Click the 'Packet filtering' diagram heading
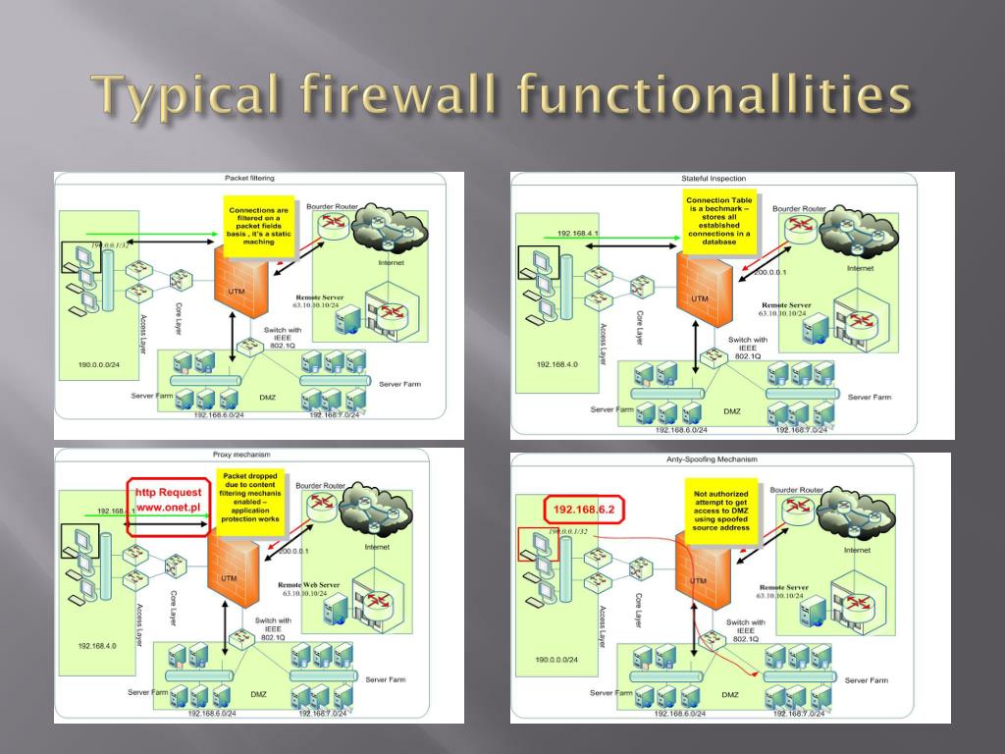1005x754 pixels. click(x=249, y=179)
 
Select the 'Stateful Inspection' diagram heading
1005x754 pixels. click(x=714, y=179)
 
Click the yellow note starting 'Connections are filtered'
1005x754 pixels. click(x=258, y=226)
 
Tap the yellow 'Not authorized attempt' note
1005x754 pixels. click(x=721, y=511)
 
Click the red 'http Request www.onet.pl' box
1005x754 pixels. click(x=168, y=500)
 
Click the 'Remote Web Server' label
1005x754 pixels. click(x=309, y=584)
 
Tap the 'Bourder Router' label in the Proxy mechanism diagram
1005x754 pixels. click(x=320, y=485)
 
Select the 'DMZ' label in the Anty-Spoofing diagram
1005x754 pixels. click(x=730, y=695)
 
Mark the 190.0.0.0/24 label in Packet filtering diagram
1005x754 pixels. click(x=98, y=364)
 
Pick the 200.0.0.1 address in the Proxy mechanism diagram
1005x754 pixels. click(x=294, y=552)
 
